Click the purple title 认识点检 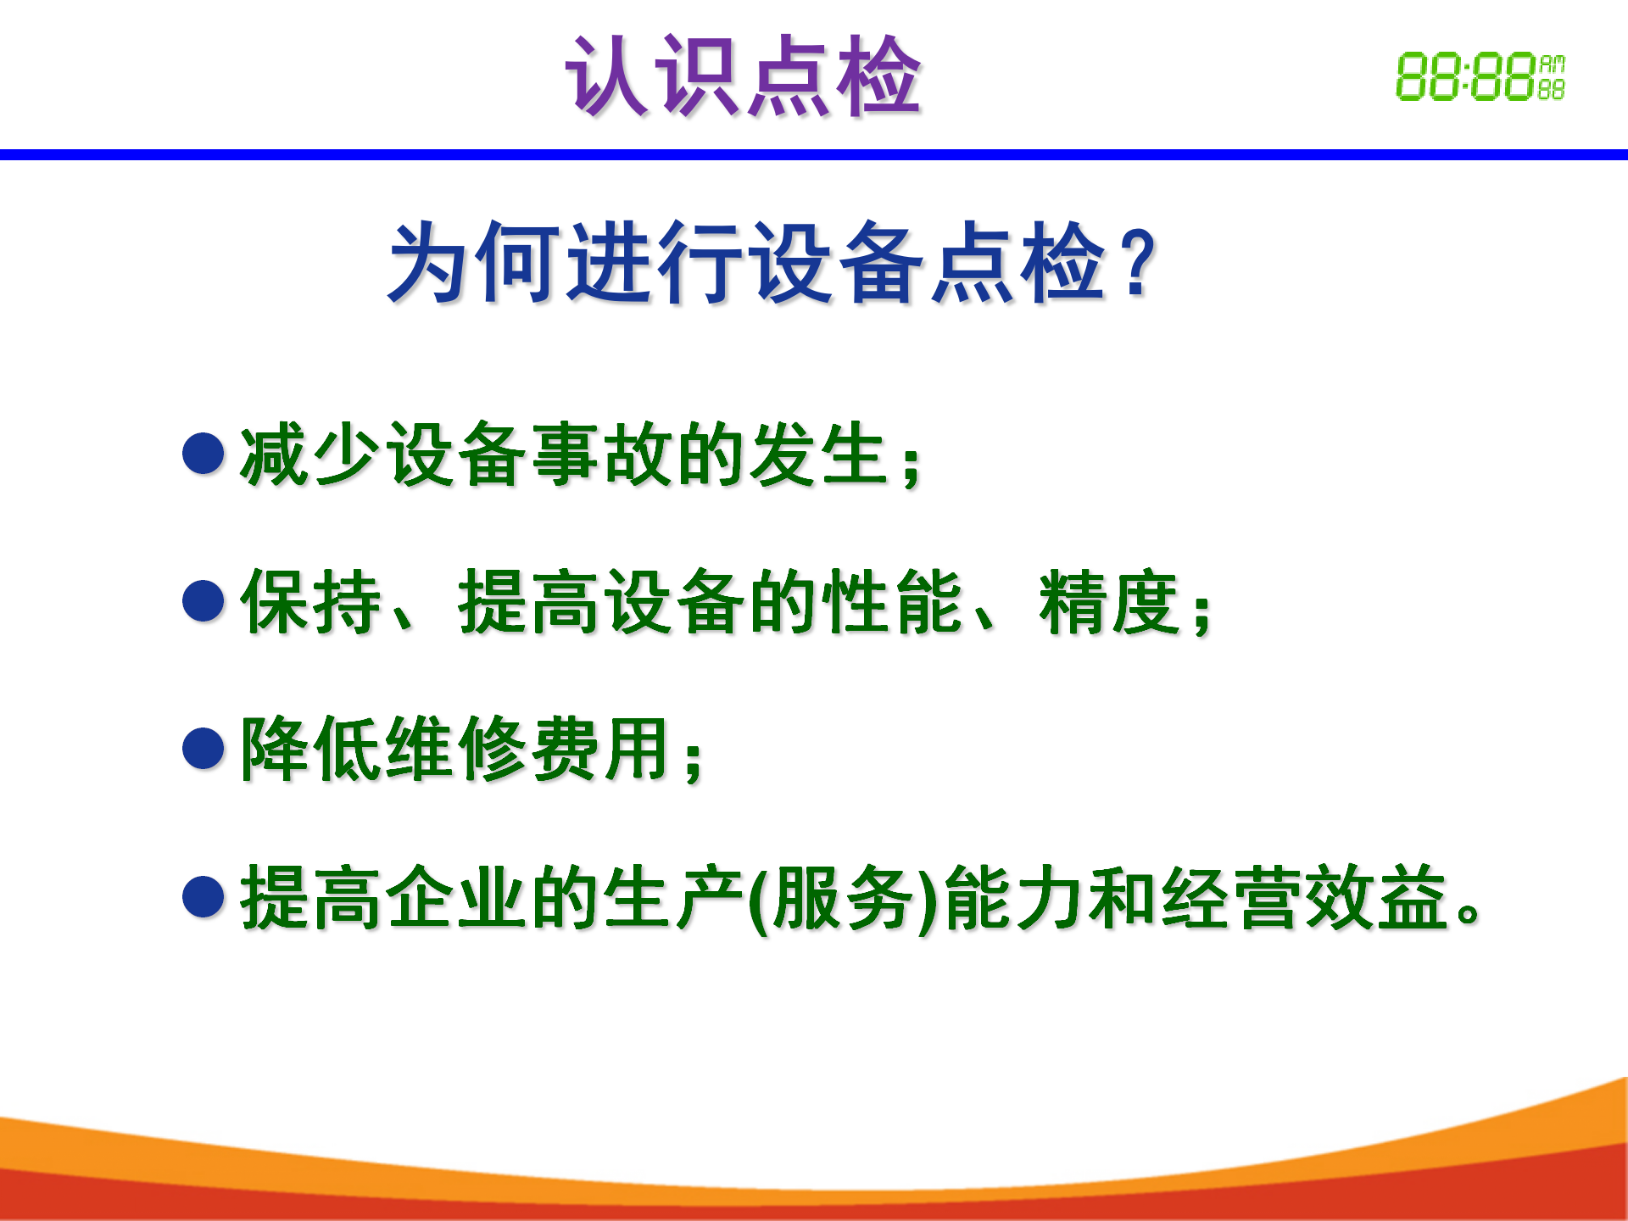pos(744,76)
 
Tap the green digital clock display pos(1480,76)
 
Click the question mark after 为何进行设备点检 pos(1138,263)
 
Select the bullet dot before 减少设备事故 pos(203,454)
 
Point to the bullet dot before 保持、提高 pos(203,601)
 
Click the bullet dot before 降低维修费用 pos(203,749)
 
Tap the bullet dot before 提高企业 pos(203,896)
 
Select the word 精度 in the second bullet pos(1110,602)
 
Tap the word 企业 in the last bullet pos(458,897)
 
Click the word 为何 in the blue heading pos(475,262)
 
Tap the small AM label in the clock pos(1553,64)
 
